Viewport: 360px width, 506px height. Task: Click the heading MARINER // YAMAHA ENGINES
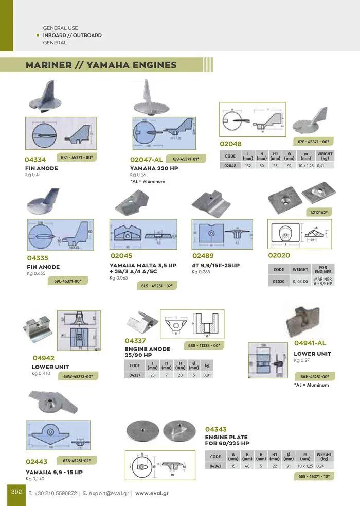tap(101, 65)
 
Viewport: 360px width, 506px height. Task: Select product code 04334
tap(35, 160)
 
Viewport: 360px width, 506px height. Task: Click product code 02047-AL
tap(146, 160)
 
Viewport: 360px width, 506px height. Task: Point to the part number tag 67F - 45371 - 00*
tap(313, 141)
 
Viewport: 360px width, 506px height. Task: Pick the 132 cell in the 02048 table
tap(248, 166)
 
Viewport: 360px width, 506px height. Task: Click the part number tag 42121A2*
tap(319, 212)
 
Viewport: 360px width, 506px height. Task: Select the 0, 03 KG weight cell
tap(300, 282)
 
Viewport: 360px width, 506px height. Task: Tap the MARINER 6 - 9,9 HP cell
tap(323, 282)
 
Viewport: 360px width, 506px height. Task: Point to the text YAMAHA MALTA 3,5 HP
tap(142, 266)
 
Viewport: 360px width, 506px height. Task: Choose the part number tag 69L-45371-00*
tap(67, 281)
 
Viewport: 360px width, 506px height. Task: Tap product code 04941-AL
tap(310, 343)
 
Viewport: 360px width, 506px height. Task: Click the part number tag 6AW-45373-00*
tap(78, 377)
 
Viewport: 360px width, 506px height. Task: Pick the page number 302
tap(16, 492)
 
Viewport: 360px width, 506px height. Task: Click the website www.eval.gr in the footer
tap(152, 493)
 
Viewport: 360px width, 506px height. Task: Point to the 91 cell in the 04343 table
tap(289, 466)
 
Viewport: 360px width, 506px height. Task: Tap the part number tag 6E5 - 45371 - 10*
tap(314, 476)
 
